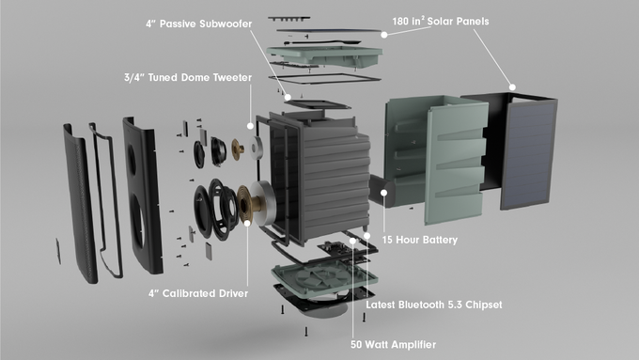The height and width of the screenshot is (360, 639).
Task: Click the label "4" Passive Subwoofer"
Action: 199,23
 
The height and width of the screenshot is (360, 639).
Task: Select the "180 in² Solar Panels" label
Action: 441,22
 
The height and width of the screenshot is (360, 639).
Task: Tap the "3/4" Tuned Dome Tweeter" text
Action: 188,77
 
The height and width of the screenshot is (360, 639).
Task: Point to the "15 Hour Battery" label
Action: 420,240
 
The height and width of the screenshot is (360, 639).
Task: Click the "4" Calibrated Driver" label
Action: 198,293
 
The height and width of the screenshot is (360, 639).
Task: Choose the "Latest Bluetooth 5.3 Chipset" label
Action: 434,305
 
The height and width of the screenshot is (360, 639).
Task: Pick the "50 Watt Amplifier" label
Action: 393,345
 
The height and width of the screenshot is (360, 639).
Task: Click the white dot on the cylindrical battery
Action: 384,193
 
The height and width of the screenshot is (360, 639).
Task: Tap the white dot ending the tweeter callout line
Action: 250,126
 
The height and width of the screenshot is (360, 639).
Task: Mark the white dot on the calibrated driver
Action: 247,223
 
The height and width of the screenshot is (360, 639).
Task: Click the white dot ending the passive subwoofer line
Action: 288,98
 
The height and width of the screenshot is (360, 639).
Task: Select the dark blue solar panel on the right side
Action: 528,154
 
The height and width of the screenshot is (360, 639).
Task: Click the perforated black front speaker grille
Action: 80,204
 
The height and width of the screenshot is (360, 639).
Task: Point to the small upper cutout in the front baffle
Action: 132,160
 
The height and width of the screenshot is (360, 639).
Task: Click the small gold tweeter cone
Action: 237,149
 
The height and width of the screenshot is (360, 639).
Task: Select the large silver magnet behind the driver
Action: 263,203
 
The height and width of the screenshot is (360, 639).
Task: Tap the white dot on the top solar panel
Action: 384,35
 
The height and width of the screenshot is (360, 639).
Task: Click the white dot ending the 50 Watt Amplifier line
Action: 352,241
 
